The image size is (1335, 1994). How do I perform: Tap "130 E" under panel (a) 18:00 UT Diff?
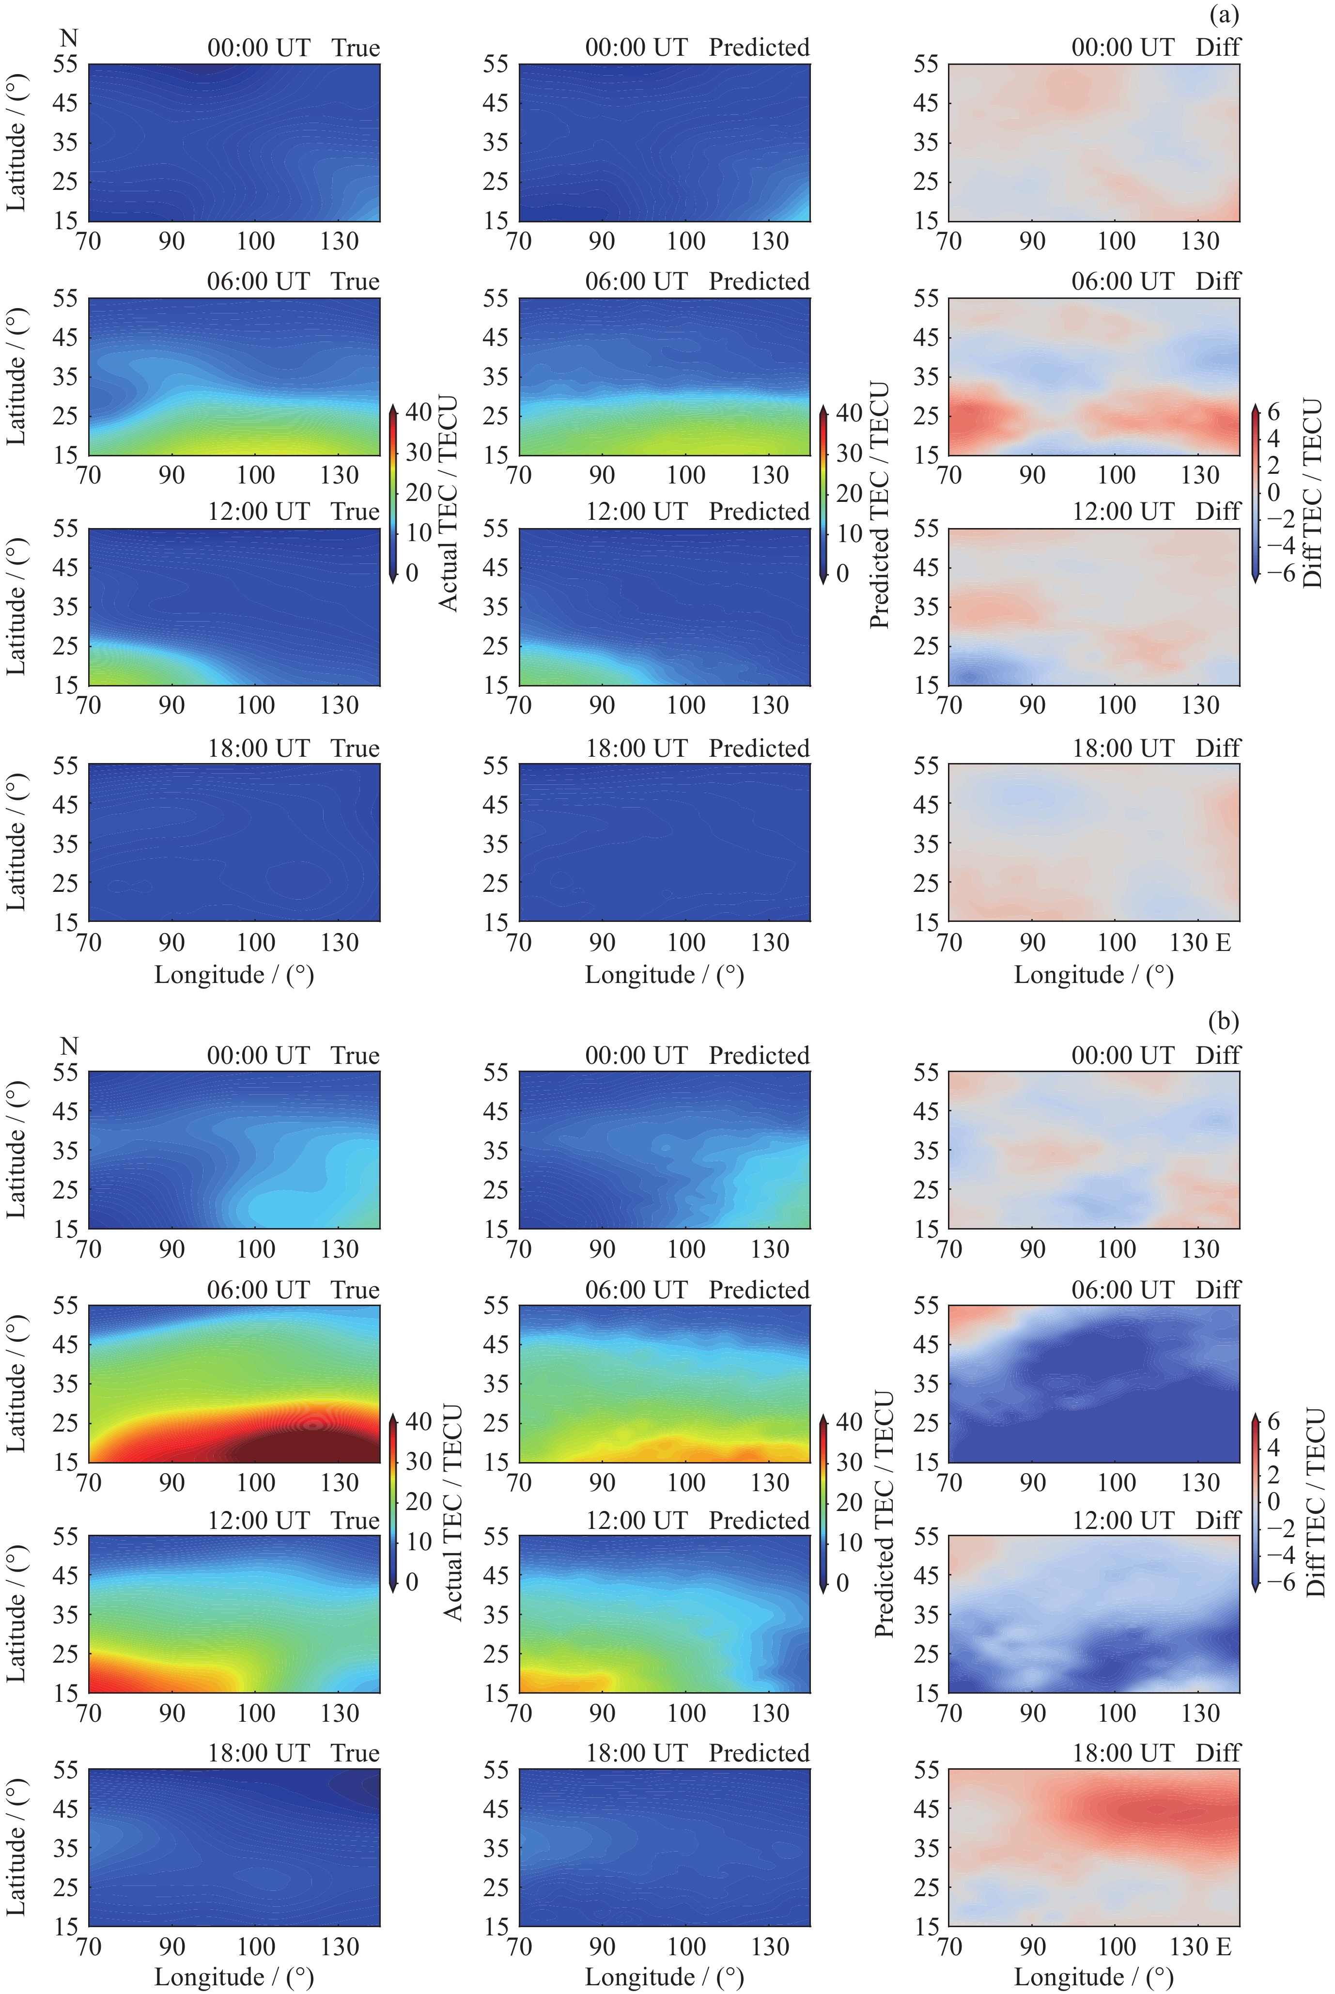[x=1200, y=943]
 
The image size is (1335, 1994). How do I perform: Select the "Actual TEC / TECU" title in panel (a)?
[x=449, y=502]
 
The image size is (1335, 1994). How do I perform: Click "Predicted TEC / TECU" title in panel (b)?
[x=884, y=1512]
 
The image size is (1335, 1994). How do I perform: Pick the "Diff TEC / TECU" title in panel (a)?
[x=1313, y=494]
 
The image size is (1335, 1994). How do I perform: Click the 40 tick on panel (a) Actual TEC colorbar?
[x=418, y=412]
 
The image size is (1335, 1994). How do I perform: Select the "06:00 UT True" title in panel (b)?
[x=293, y=1290]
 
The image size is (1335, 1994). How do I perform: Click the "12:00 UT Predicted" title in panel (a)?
[x=697, y=512]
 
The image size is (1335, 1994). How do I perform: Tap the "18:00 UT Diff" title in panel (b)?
[x=1155, y=1753]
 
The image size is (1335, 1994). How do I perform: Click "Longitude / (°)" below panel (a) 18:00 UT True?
[x=234, y=975]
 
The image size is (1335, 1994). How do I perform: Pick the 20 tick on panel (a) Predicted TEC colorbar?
[x=849, y=493]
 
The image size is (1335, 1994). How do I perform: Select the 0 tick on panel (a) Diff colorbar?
[x=1273, y=492]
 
